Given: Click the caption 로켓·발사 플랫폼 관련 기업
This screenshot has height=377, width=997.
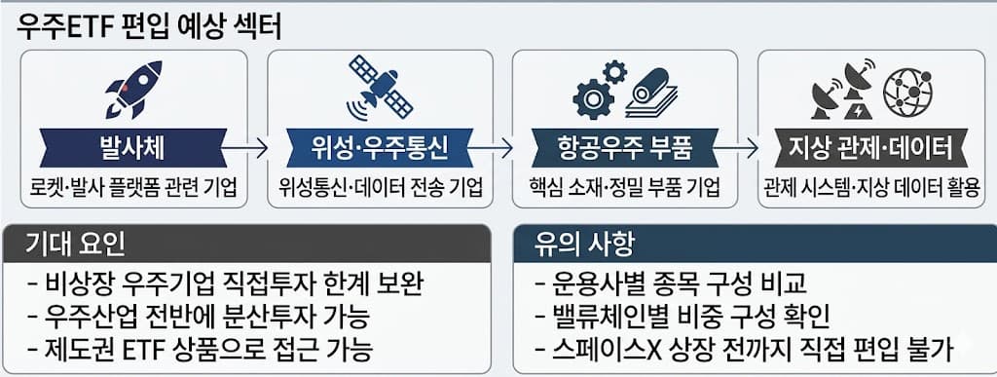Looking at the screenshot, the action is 133,186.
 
